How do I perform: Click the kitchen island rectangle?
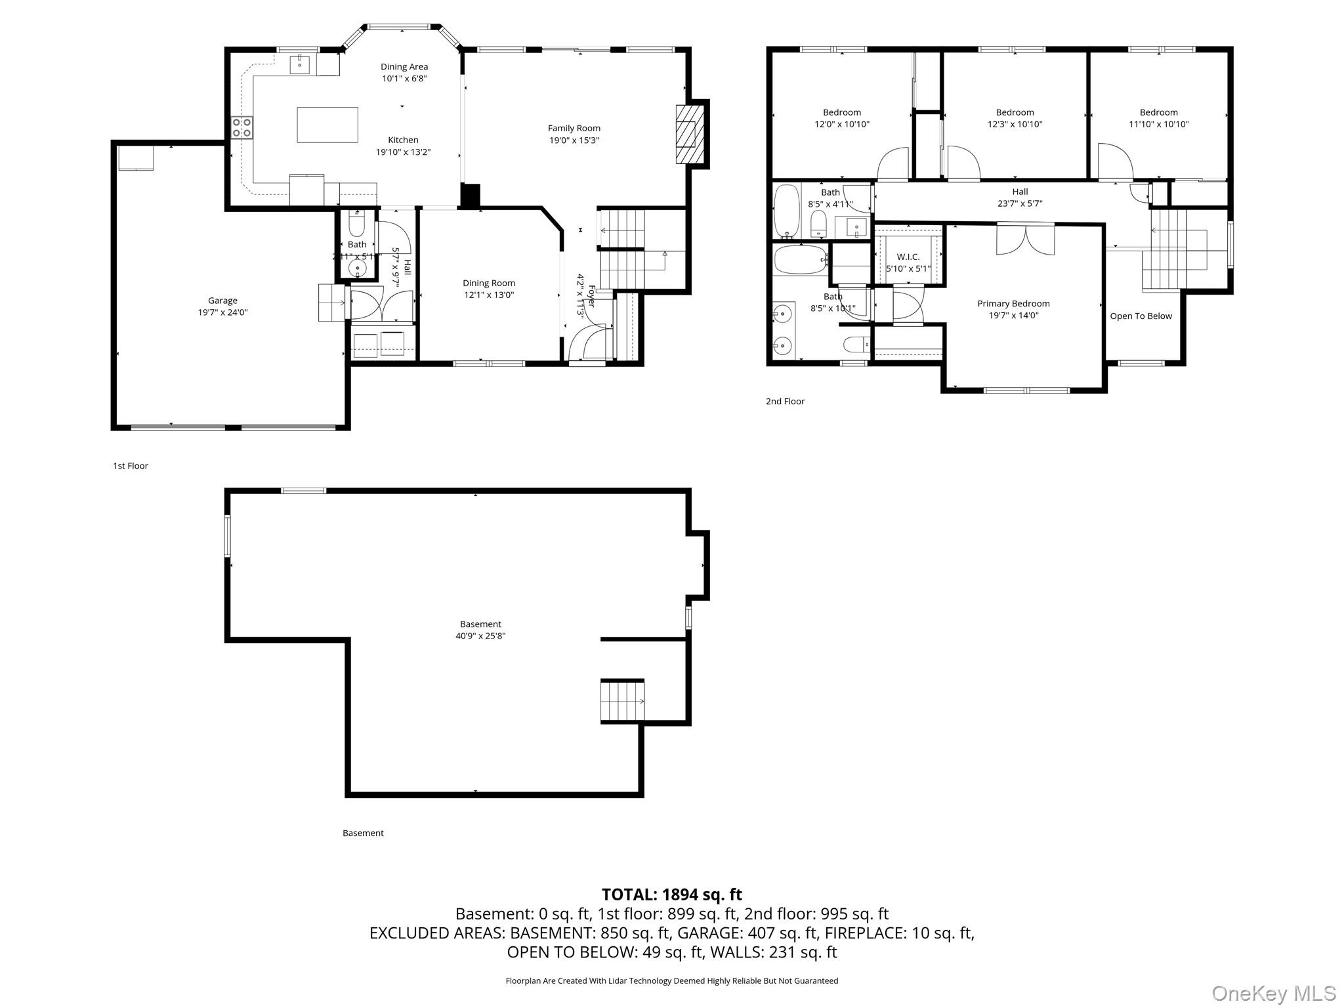pyautogui.click(x=327, y=125)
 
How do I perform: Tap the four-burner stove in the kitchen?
pyautogui.click(x=241, y=127)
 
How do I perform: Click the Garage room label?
pyautogui.click(x=222, y=301)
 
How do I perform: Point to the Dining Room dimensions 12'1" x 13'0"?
pyautogui.click(x=489, y=295)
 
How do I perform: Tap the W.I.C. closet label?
pyautogui.click(x=908, y=257)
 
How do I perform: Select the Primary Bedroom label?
pyautogui.click(x=1013, y=303)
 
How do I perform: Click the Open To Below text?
pyautogui.click(x=1141, y=316)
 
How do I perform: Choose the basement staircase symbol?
pyautogui.click(x=621, y=702)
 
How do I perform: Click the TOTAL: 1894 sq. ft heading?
pyautogui.click(x=671, y=894)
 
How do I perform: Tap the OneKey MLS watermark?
pyautogui.click(x=1273, y=993)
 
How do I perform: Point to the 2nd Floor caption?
pyautogui.click(x=785, y=401)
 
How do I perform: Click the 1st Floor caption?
pyautogui.click(x=131, y=466)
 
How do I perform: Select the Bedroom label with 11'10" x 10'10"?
pyautogui.click(x=1158, y=112)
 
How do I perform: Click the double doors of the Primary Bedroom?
pyautogui.click(x=1025, y=240)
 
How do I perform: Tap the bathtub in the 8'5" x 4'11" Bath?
pyautogui.click(x=786, y=211)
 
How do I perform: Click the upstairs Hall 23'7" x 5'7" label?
pyautogui.click(x=1020, y=192)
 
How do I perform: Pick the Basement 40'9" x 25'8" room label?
pyautogui.click(x=480, y=624)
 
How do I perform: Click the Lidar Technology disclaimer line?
pyautogui.click(x=671, y=980)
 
